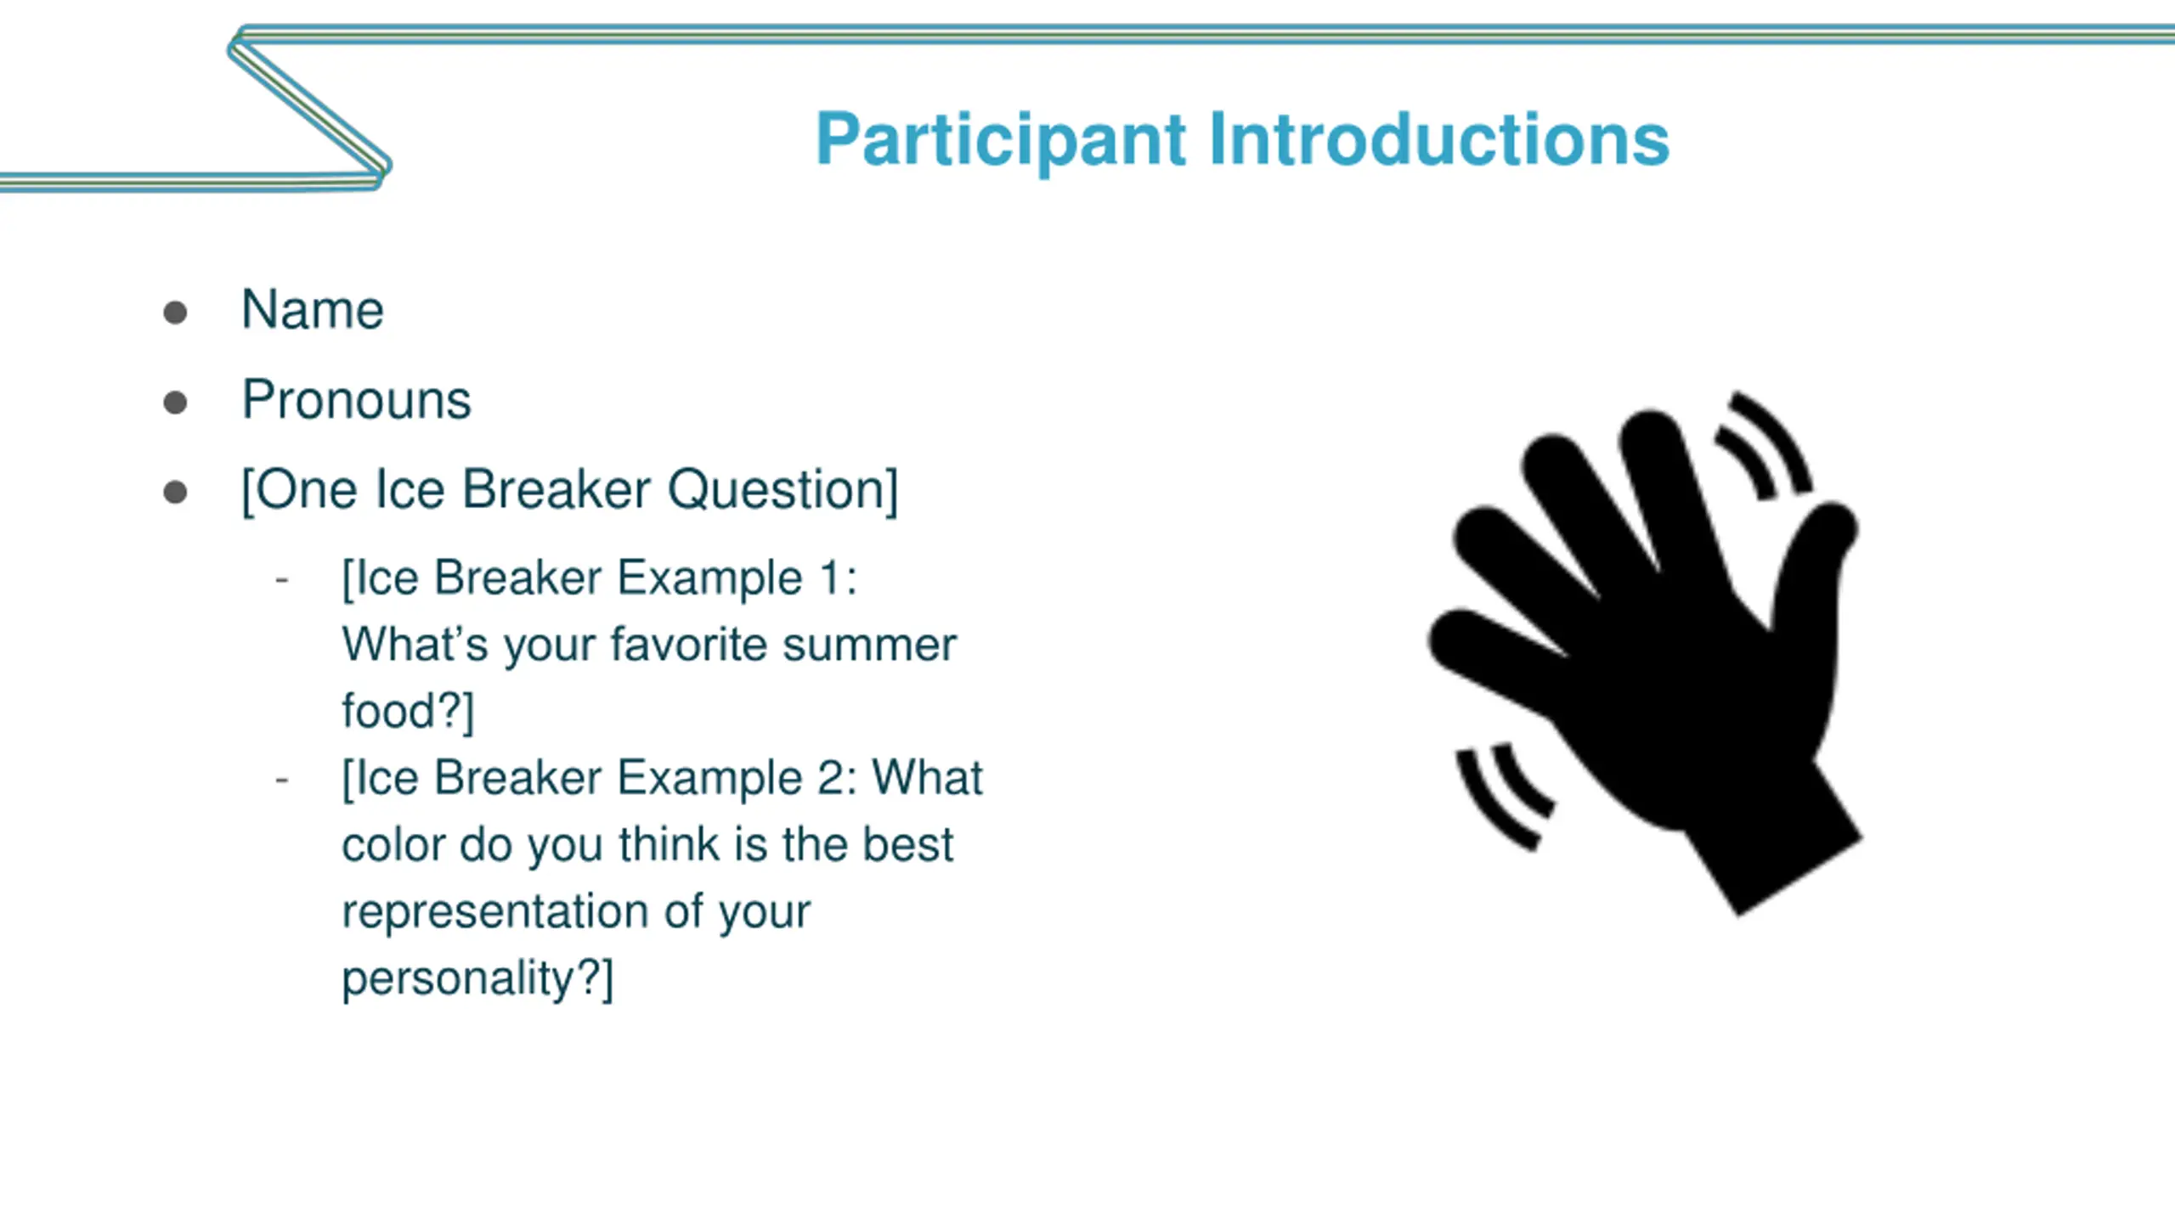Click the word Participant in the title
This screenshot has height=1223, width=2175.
point(1001,140)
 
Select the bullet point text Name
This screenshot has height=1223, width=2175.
point(313,309)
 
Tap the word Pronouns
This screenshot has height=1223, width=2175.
point(357,399)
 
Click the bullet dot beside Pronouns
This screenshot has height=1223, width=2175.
point(175,402)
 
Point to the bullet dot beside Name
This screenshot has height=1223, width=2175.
point(175,312)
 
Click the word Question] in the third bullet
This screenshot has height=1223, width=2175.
point(782,490)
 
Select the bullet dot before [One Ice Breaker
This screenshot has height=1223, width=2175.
point(175,492)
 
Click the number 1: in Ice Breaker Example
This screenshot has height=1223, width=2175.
point(838,578)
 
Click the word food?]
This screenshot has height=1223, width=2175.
point(408,711)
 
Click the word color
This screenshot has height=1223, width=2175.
point(393,845)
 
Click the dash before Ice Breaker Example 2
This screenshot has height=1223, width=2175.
point(282,779)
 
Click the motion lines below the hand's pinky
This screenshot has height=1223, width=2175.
point(1500,798)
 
